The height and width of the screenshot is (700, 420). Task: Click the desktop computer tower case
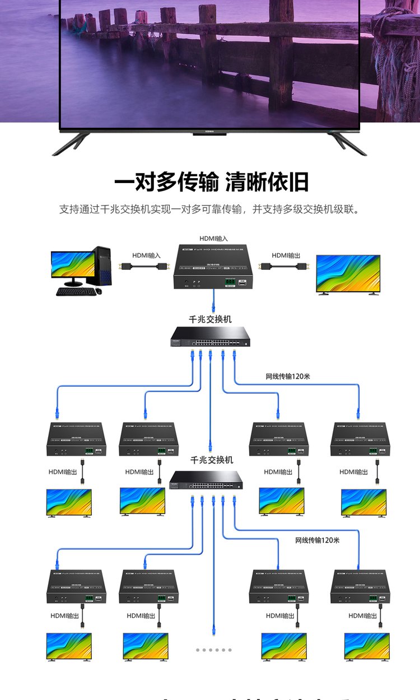[x=100, y=266]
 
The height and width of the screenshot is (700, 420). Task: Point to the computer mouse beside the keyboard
[x=99, y=291]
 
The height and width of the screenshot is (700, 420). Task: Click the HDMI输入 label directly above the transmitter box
[x=213, y=239]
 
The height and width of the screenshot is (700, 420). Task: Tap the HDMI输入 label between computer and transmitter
[x=146, y=255]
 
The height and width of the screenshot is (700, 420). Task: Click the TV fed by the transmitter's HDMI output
[x=348, y=274]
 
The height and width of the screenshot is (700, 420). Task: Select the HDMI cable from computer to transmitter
[x=146, y=267]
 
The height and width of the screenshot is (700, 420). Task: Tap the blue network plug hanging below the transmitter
[x=213, y=306]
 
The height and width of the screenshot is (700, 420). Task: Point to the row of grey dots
[x=213, y=650]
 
